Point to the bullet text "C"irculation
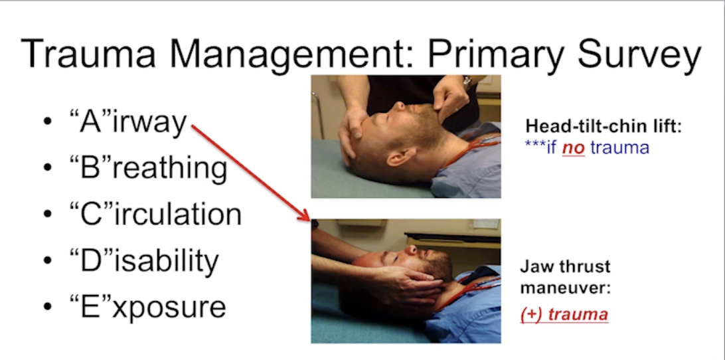pyautogui.click(x=155, y=214)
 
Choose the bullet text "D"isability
pyautogui.click(x=143, y=260)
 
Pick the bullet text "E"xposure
pyautogui.click(x=147, y=306)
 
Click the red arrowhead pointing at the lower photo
pyautogui.click(x=305, y=216)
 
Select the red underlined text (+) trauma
pyautogui.click(x=564, y=314)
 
